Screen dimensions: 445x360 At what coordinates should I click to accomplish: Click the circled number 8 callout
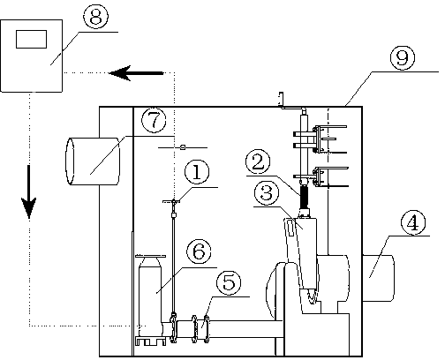95,16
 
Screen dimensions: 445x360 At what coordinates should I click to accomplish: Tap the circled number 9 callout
403,57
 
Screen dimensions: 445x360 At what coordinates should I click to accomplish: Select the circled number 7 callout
154,120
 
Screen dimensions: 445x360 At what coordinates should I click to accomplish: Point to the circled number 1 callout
197,172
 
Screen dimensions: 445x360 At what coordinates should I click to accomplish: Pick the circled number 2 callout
258,162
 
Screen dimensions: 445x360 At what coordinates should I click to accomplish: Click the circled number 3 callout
267,193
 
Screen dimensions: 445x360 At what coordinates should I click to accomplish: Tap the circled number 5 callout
229,282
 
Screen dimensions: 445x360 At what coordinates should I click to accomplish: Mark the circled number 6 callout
199,251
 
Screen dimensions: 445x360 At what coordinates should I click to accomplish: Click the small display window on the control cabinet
31,39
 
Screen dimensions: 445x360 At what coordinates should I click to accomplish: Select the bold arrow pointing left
136,73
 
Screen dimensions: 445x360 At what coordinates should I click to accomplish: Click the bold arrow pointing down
29,191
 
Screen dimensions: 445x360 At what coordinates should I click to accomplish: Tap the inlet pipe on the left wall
93,161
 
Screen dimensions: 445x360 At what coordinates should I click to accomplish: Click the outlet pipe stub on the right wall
378,278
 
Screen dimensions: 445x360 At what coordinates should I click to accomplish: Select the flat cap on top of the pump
150,257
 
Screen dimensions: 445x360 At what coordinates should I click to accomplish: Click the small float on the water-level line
183,147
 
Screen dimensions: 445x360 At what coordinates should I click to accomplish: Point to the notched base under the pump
150,341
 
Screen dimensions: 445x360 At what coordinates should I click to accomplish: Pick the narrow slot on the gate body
290,229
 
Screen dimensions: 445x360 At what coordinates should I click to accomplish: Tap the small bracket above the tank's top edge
281,99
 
